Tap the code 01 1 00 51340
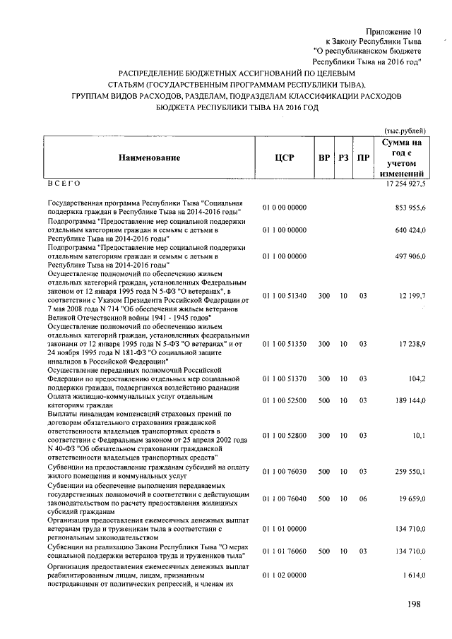point(284,295)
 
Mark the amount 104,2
point(415,378)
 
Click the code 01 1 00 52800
point(284,436)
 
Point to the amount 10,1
point(417,436)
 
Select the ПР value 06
point(363,499)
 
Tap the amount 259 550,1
point(409,471)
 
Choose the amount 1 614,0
point(412,577)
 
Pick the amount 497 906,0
point(409,257)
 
